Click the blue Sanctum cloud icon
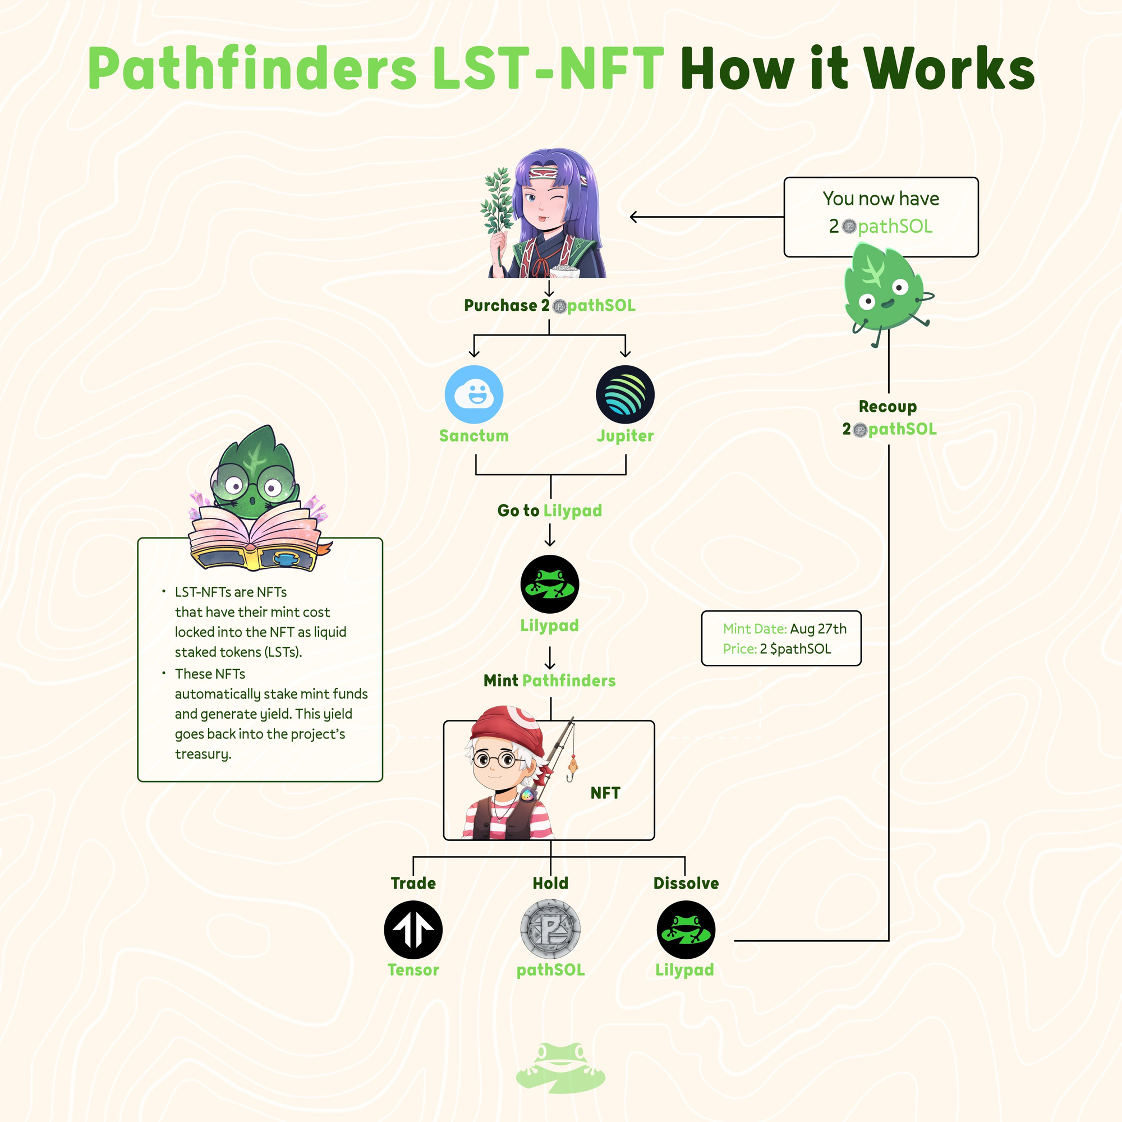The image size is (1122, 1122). point(474,394)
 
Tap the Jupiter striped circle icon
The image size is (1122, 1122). point(625,394)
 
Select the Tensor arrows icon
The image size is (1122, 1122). point(413,930)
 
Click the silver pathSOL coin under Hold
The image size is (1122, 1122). point(550,930)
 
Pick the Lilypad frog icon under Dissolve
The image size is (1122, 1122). point(686,930)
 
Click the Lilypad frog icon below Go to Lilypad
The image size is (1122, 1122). point(549,584)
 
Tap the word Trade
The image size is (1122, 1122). point(413,884)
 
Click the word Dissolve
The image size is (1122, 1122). point(686,884)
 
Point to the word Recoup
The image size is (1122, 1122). point(888,407)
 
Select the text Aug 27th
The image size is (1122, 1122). point(818,629)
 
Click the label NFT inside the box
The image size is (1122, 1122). point(605,793)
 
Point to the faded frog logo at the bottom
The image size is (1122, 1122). point(560,1068)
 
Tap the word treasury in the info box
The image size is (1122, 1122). point(203,755)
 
